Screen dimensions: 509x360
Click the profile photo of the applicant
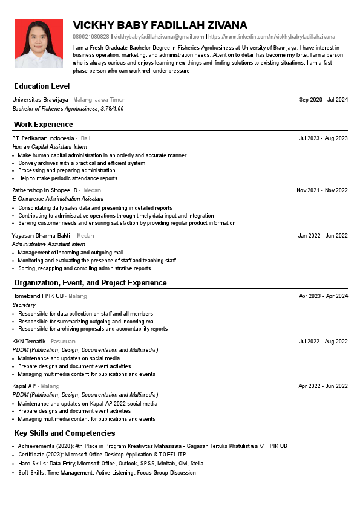click(39, 44)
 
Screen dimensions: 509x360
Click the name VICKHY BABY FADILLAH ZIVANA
click(160, 25)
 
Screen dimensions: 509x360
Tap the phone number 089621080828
click(91, 37)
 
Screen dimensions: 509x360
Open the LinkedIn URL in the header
click(272, 37)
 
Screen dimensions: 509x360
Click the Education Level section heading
click(42, 86)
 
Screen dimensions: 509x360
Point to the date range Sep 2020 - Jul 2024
click(323, 99)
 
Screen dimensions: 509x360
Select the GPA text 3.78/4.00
click(112, 109)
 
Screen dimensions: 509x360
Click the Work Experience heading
click(43, 125)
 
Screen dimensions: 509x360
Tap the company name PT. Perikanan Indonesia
click(43, 138)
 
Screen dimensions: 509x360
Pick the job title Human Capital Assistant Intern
click(50, 147)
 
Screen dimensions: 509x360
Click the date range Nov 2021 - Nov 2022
click(322, 190)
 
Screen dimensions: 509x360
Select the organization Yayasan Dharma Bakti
click(41, 236)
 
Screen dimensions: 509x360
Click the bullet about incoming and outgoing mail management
click(71, 253)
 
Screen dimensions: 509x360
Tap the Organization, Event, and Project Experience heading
click(90, 283)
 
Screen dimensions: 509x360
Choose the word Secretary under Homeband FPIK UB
click(24, 305)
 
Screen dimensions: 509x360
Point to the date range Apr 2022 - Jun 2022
click(323, 386)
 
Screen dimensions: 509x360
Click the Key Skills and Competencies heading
click(64, 433)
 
